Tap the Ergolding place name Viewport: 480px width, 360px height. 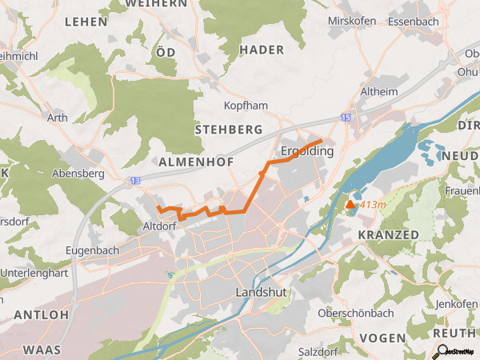click(307, 150)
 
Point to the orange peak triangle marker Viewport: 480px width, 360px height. click(350, 205)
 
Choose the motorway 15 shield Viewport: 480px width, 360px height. click(345, 118)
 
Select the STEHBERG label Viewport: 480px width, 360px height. click(229, 129)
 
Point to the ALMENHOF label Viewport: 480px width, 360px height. click(196, 162)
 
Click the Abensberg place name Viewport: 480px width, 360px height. click(78, 173)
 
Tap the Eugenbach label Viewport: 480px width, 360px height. click(93, 250)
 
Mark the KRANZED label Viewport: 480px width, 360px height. click(389, 234)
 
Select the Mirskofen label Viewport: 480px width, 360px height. click(352, 21)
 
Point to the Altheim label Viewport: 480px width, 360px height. click(379, 91)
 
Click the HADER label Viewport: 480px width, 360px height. click(262, 50)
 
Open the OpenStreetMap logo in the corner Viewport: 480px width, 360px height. click(456, 350)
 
